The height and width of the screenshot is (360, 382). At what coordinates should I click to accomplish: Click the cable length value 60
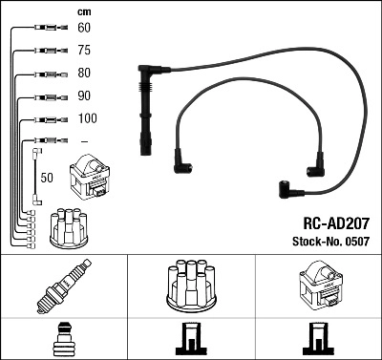(x=84, y=30)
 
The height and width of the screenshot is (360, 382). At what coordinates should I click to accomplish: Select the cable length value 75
(x=84, y=52)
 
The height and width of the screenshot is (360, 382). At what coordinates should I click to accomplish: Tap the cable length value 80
(x=84, y=74)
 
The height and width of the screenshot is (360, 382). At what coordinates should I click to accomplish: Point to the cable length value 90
(x=84, y=96)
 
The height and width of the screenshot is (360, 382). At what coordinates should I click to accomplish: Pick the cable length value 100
(x=86, y=118)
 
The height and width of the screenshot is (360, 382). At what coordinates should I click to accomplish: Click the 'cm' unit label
(x=84, y=11)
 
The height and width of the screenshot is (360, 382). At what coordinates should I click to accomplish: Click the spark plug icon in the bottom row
(x=62, y=287)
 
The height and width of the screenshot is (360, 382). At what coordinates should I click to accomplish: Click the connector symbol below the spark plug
(x=63, y=340)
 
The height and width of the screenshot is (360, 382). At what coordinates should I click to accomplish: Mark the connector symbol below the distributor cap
(x=190, y=341)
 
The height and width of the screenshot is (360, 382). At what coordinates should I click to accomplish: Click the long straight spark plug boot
(x=146, y=113)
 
